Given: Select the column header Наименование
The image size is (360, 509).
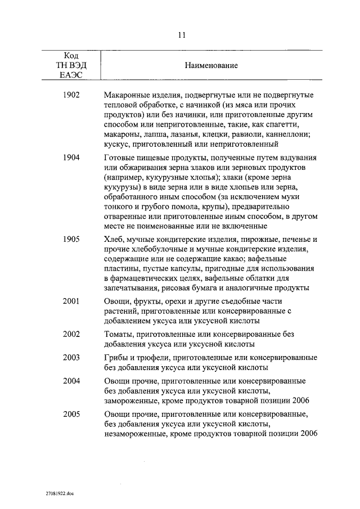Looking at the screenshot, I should click(211, 66).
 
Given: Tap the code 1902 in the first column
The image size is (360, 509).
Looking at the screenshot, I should click(71, 95).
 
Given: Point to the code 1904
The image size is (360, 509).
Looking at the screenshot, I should click(71, 158).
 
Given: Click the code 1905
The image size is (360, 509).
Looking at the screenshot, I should click(71, 239).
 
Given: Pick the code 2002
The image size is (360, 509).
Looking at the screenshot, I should click(71, 334).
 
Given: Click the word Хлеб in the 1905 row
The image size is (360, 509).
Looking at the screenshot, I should click(114, 239).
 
